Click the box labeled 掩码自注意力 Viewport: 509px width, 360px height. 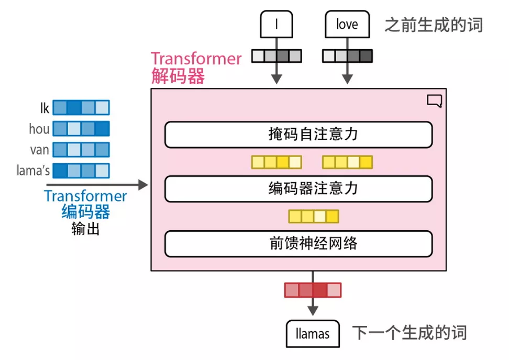[x=298, y=135]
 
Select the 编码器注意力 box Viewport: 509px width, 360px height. [x=298, y=189]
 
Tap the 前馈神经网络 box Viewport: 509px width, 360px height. [x=298, y=243]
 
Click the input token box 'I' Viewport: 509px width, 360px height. [x=276, y=25]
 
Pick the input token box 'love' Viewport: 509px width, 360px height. [x=347, y=25]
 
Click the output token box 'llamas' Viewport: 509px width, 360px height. [x=313, y=333]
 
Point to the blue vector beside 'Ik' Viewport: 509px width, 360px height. [x=81, y=108]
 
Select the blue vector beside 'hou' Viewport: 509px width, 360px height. [x=81, y=129]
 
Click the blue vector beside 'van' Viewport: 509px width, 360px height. [x=81, y=150]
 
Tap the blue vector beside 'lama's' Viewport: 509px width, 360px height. [x=81, y=171]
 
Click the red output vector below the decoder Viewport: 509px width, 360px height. [x=313, y=290]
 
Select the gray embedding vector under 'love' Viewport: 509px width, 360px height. [x=347, y=56]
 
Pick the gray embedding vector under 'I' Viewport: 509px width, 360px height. [x=276, y=56]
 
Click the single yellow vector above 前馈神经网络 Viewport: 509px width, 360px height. [x=314, y=216]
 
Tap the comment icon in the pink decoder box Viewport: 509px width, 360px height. [x=434, y=100]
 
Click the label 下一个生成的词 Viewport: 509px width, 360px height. [x=409, y=333]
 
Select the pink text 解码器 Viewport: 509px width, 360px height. [x=178, y=77]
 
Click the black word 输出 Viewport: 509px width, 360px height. [x=85, y=229]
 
